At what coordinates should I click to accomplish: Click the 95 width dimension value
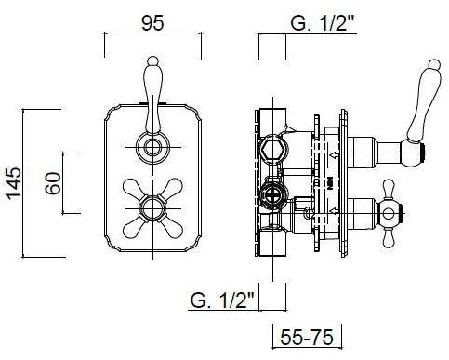152,23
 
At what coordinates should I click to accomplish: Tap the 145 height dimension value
14,183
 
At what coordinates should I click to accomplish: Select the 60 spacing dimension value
53,183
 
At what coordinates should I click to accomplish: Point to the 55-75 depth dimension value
307,337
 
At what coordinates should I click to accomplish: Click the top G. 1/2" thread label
322,22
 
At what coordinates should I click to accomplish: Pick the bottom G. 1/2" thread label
222,300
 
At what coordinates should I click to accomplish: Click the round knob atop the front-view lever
152,60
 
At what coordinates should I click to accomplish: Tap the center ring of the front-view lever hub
152,147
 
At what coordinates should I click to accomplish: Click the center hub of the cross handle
152,208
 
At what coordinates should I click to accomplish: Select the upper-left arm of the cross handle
132,188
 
